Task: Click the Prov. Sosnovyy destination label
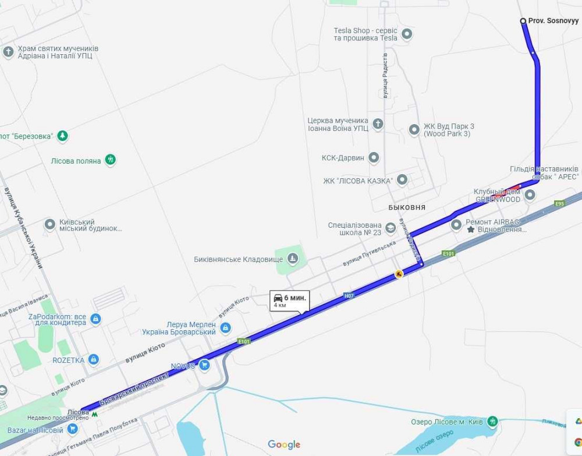[x=553, y=21]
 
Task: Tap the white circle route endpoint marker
[x=523, y=21]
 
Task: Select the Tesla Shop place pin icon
[x=407, y=34]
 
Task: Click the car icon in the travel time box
[x=278, y=298]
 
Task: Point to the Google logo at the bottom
[x=284, y=445]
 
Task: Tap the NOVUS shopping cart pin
[x=204, y=365]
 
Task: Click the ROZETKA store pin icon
[x=93, y=360]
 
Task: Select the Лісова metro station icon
[x=95, y=412]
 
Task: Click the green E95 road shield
[x=560, y=203]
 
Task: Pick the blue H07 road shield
[x=349, y=296]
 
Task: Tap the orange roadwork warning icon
[x=399, y=274]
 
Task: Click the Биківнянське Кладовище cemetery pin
[x=293, y=259]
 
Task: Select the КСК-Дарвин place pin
[x=374, y=157]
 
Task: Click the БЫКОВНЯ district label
[x=407, y=207]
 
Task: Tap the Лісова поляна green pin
[x=111, y=160]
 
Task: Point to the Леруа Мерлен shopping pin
[x=225, y=328]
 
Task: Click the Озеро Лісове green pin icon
[x=492, y=421]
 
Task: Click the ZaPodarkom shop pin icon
[x=95, y=319]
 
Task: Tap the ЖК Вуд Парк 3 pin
[x=414, y=129]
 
